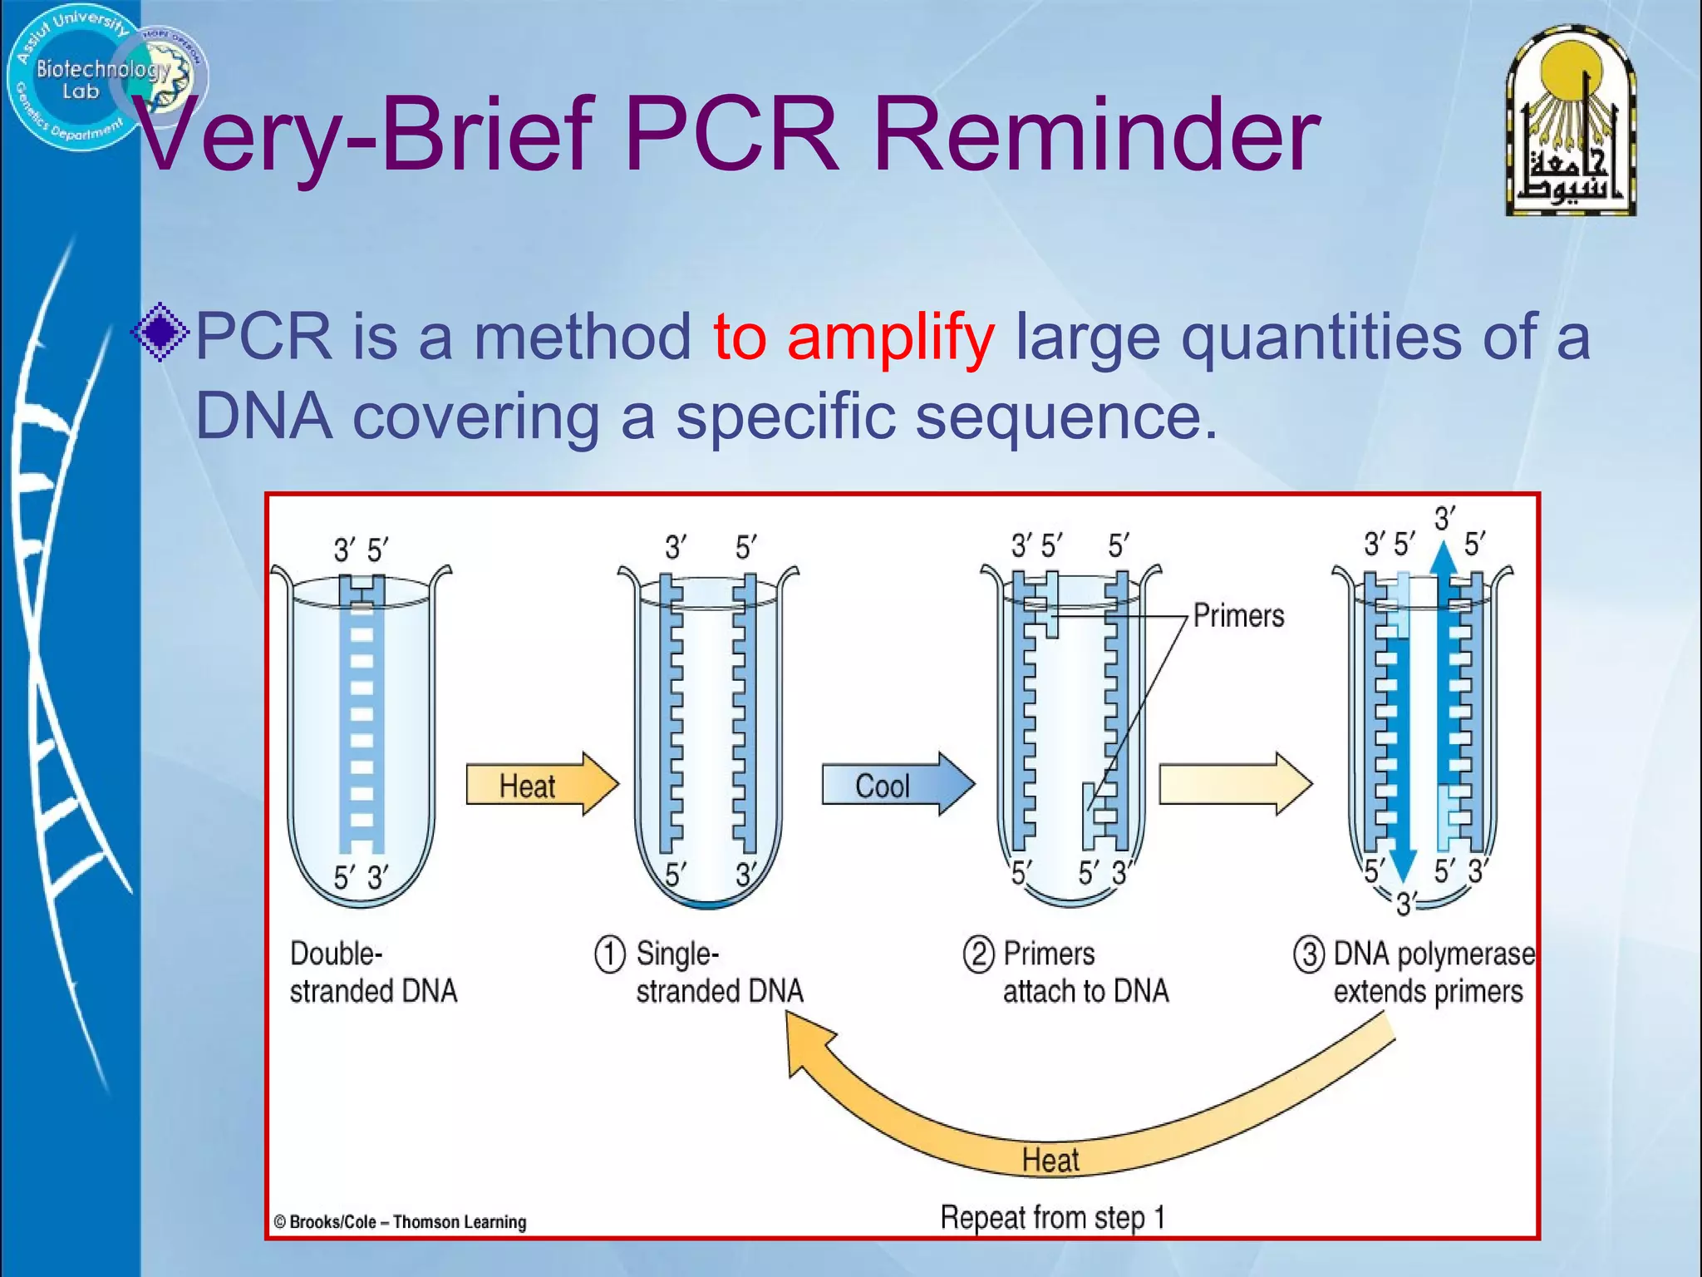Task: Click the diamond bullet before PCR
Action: click(160, 333)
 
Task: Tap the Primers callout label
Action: click(1238, 616)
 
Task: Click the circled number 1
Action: click(609, 954)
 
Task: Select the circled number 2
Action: click(978, 954)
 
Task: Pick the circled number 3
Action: click(1309, 954)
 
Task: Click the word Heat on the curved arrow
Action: click(1050, 1160)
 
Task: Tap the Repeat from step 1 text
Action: click(1052, 1217)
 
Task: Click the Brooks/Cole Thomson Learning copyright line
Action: click(401, 1222)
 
